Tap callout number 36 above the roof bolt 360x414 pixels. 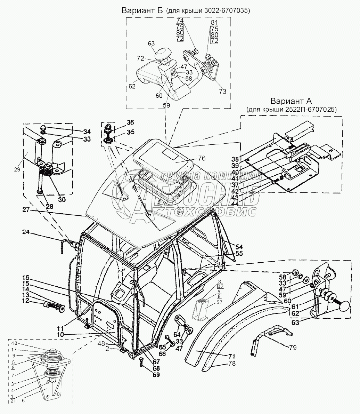[130, 122]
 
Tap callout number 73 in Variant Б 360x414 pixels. [222, 91]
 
